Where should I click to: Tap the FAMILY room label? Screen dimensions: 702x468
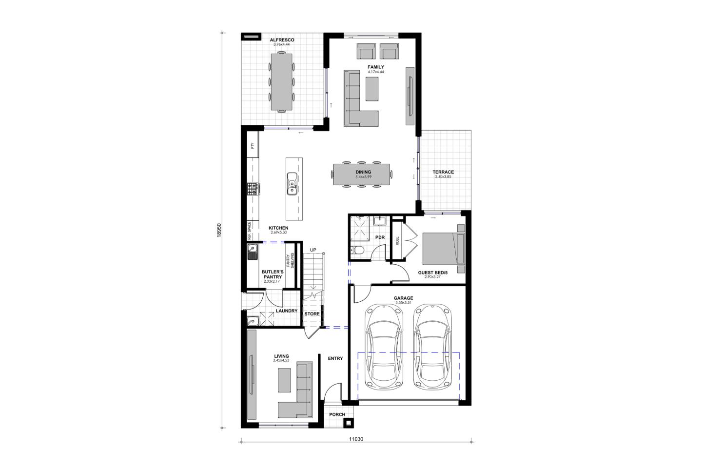[x=376, y=67]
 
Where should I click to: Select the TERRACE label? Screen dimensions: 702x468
[x=443, y=172]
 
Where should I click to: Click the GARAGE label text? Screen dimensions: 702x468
[x=403, y=298]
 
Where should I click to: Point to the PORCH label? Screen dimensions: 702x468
[x=337, y=414]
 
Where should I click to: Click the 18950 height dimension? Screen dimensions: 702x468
[x=219, y=230]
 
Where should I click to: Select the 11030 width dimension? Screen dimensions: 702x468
[x=356, y=439]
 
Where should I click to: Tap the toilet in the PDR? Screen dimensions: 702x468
[x=358, y=250]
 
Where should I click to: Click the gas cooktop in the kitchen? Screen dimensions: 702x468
[x=253, y=189]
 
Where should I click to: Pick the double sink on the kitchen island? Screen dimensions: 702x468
[x=292, y=184]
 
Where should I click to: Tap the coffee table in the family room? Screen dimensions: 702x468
[x=372, y=89]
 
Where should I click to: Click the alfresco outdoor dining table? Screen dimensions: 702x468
[x=281, y=82]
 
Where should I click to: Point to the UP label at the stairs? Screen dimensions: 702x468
[x=313, y=250]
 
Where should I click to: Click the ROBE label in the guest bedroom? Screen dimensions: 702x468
[x=397, y=241]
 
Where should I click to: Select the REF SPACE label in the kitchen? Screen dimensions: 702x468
[x=250, y=231]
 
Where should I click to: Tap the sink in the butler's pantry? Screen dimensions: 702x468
[x=253, y=253]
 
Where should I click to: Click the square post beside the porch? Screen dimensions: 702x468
[x=349, y=423]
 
